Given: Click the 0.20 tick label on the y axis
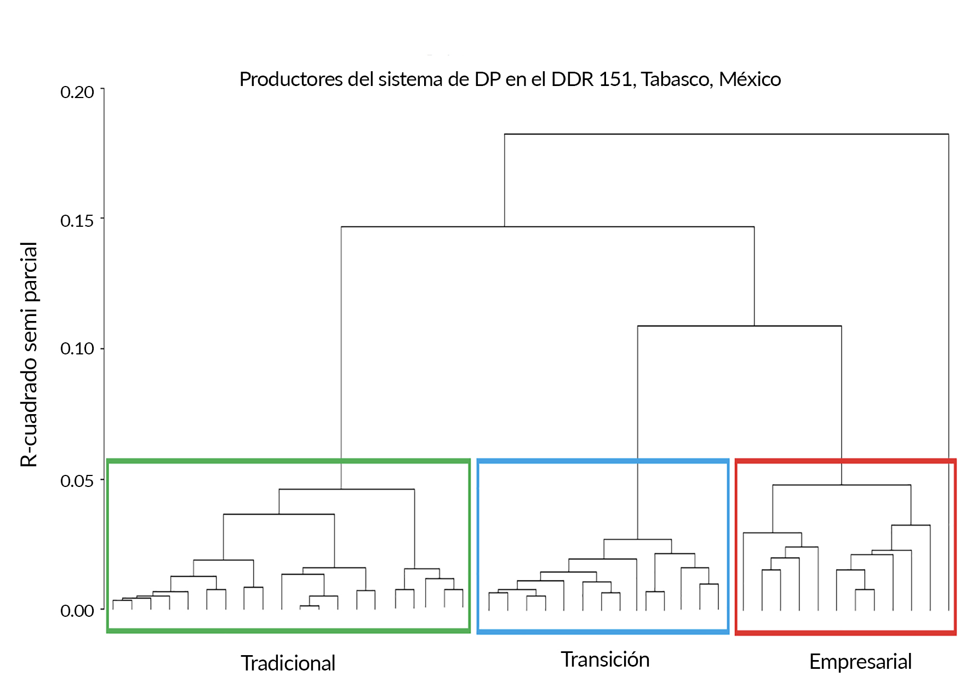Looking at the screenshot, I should tap(77, 92).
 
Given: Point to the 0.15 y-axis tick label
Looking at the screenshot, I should tap(77, 221).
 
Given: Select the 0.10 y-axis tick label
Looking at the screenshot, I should tap(77, 348).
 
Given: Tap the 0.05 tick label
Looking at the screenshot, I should tap(77, 481).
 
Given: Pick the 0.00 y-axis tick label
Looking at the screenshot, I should tap(77, 611).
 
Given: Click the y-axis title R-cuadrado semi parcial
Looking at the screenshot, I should tap(29, 354).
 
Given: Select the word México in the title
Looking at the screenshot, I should tap(750, 79).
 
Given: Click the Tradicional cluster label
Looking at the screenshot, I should tap(288, 663).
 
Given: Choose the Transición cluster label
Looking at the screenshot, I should tap(605, 660).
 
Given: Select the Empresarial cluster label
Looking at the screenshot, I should tap(860, 662).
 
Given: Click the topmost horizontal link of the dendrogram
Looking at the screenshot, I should tap(726, 134).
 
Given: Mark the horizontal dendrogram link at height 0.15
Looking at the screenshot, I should tap(547, 227).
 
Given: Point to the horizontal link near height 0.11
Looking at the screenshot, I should tap(739, 326).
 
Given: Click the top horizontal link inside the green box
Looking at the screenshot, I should tap(346, 489).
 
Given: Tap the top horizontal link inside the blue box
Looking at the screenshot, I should tap(637, 540).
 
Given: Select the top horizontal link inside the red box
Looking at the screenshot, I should tap(842, 485).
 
